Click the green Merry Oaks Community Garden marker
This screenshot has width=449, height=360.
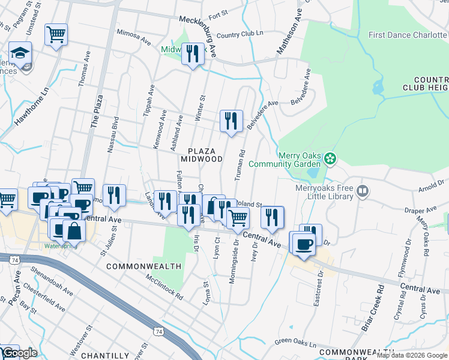coord(330,159)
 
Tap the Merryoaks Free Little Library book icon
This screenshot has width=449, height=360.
coord(362,191)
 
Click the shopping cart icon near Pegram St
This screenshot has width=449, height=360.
coord(56,35)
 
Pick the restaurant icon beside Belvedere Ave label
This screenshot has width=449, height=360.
coord(231,121)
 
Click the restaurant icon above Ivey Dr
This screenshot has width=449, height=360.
coord(272,217)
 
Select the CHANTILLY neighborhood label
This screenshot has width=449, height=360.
coord(105,355)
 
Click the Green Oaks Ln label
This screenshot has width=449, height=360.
coord(295,342)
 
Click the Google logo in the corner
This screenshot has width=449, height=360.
coord(19,353)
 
